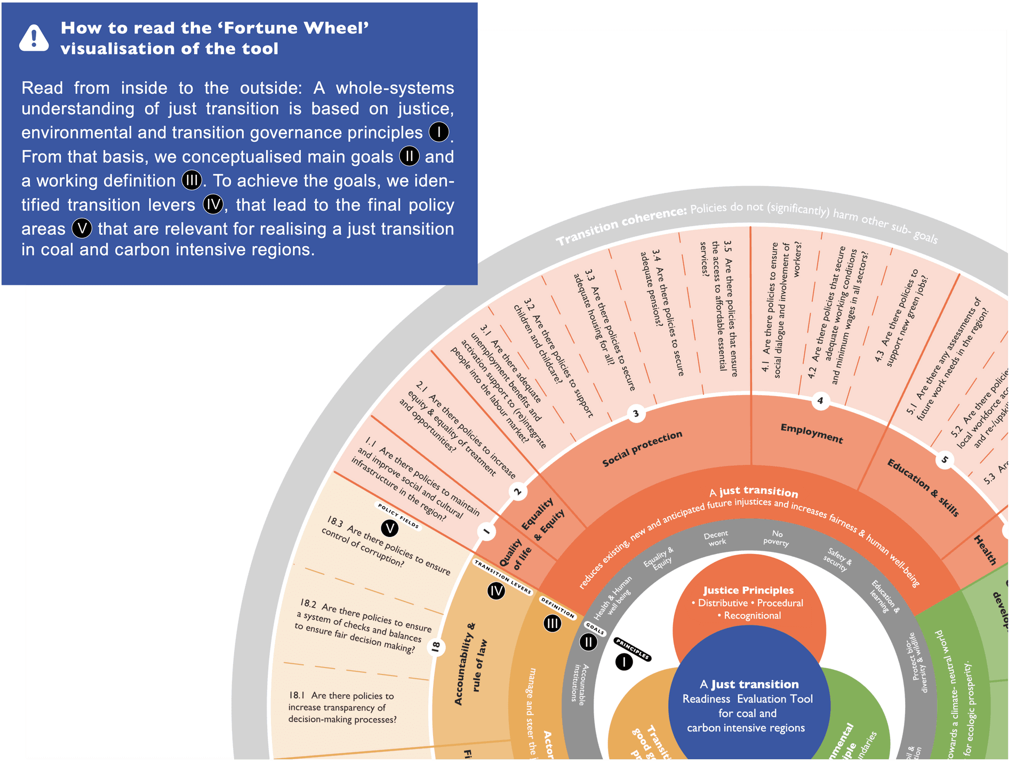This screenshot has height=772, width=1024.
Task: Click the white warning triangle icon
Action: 34,38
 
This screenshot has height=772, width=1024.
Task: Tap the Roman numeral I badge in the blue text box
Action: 439,132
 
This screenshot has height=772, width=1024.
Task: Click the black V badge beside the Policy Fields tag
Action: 390,528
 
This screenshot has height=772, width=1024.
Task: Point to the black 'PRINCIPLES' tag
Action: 632,648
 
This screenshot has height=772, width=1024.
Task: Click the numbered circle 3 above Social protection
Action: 636,414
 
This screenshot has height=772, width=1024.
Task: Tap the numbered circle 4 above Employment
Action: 820,401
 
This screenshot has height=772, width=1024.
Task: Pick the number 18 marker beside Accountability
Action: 436,647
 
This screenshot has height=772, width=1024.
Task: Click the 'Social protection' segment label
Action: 642,449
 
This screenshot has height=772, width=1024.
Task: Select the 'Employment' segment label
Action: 812,433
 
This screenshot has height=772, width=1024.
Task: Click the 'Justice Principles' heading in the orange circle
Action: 748,590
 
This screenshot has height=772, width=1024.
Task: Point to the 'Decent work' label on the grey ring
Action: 716,538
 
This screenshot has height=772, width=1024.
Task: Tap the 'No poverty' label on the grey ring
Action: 777,538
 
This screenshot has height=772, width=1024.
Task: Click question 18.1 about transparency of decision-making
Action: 342,707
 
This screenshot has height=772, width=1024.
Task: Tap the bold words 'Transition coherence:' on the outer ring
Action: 621,226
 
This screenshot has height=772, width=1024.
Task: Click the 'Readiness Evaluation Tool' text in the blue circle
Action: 748,699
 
